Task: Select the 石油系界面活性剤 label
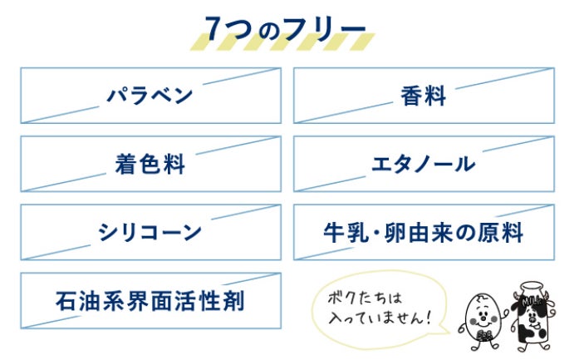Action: [x=150, y=300]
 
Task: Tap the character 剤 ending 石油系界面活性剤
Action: [x=233, y=300]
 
